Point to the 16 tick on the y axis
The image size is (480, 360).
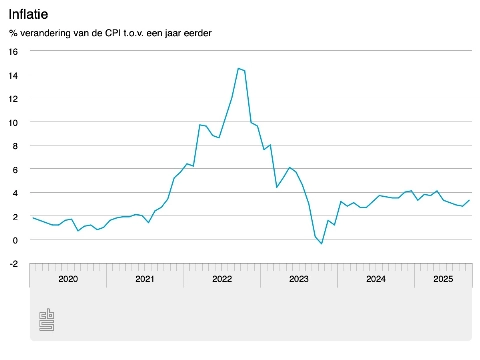click(13, 52)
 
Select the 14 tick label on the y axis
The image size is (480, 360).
click(13, 75)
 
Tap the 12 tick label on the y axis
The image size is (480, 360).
click(13, 99)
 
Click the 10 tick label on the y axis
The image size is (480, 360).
click(13, 122)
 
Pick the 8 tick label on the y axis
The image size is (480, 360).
click(15, 146)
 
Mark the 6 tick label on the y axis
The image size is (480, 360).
click(15, 169)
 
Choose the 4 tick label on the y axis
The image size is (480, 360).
click(15, 193)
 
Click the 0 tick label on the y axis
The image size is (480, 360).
click(15, 240)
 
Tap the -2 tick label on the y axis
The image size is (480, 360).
click(13, 263)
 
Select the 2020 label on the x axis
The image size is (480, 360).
click(68, 280)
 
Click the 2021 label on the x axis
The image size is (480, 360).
click(145, 280)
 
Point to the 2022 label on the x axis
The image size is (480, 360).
click(222, 280)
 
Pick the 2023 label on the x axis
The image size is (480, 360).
click(299, 280)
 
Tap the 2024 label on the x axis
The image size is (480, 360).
click(376, 280)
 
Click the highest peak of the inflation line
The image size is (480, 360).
click(238, 68)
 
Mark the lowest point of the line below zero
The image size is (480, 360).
click(321, 244)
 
